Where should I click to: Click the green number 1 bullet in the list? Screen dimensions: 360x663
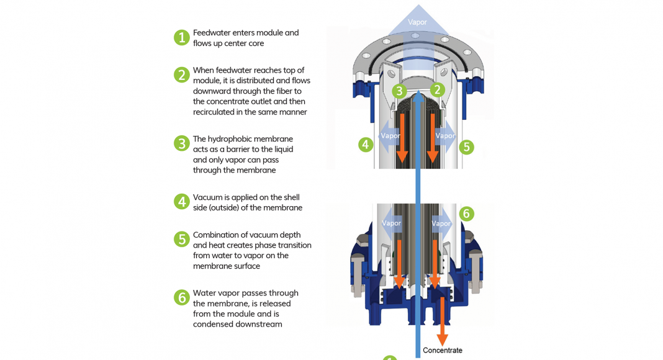click(x=181, y=37)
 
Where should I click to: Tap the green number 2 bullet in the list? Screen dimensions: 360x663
click(x=181, y=75)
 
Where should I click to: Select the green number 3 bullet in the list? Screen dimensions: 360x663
click(x=181, y=143)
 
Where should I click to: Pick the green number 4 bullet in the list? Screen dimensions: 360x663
click(x=181, y=202)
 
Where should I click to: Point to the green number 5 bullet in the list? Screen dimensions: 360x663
click(x=181, y=239)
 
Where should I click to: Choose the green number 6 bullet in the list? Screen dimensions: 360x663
click(x=181, y=297)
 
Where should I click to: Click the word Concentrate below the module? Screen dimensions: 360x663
click(x=442, y=351)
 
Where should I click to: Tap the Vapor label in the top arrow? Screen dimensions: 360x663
click(x=418, y=22)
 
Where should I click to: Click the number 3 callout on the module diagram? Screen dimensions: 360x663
click(x=399, y=91)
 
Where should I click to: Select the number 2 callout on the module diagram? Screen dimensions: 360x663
click(x=438, y=90)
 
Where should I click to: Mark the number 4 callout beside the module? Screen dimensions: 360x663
click(x=366, y=145)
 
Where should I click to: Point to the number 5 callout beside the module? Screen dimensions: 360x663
click(x=466, y=147)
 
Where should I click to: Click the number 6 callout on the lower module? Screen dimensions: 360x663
click(x=466, y=214)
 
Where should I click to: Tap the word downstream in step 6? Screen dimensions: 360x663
click(x=258, y=324)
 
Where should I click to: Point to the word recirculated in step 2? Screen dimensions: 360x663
click(x=215, y=112)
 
